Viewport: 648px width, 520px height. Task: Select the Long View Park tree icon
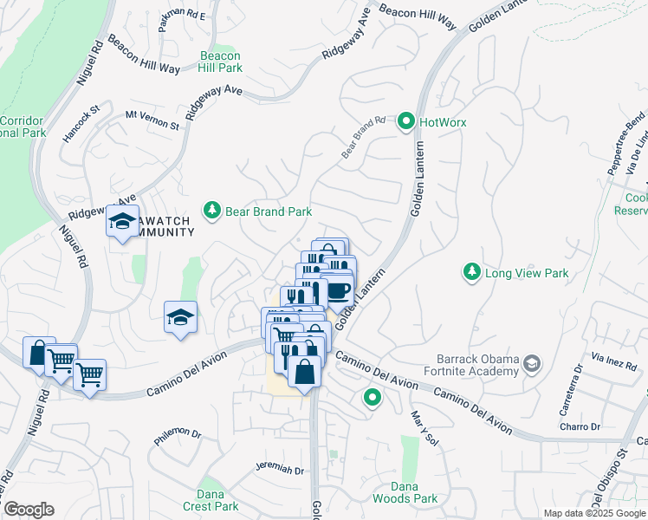pyautogui.click(x=471, y=273)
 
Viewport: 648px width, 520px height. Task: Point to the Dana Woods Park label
pyautogui.click(x=405, y=492)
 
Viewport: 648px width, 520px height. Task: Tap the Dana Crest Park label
pyautogui.click(x=211, y=500)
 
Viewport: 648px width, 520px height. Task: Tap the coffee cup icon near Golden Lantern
pyautogui.click(x=338, y=289)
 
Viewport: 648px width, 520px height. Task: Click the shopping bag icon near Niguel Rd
pyautogui.click(x=38, y=352)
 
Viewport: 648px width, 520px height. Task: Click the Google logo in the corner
pyautogui.click(x=29, y=510)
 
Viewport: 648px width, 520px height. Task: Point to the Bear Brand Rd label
pyautogui.click(x=362, y=137)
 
